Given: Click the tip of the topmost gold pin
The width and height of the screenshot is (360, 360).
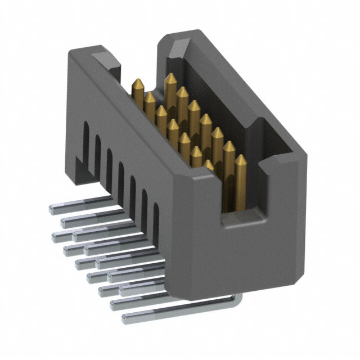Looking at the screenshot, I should [169, 76].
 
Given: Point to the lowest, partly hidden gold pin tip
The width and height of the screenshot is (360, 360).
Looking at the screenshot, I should [209, 163].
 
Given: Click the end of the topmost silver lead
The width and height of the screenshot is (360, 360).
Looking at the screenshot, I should [52, 208].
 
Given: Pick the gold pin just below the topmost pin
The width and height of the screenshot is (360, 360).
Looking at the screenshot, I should [182, 89].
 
